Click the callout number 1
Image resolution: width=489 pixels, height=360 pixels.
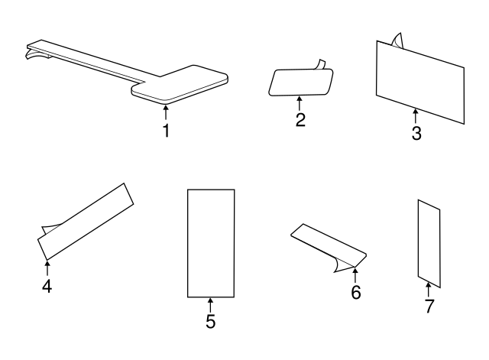[x=166, y=131]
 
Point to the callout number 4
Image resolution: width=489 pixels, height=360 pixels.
[x=47, y=288]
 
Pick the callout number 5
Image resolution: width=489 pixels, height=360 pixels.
[x=210, y=321]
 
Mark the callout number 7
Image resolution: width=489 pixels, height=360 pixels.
[x=428, y=306]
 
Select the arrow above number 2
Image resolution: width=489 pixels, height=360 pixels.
[x=300, y=102]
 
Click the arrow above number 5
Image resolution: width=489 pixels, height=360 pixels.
[x=210, y=303]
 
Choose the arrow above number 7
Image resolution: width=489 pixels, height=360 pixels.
[x=428, y=289]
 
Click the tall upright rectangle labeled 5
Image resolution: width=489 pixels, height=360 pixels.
[x=211, y=242]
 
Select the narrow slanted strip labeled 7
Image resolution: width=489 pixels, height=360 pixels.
[x=429, y=241]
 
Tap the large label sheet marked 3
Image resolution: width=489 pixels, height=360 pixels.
[x=420, y=80]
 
